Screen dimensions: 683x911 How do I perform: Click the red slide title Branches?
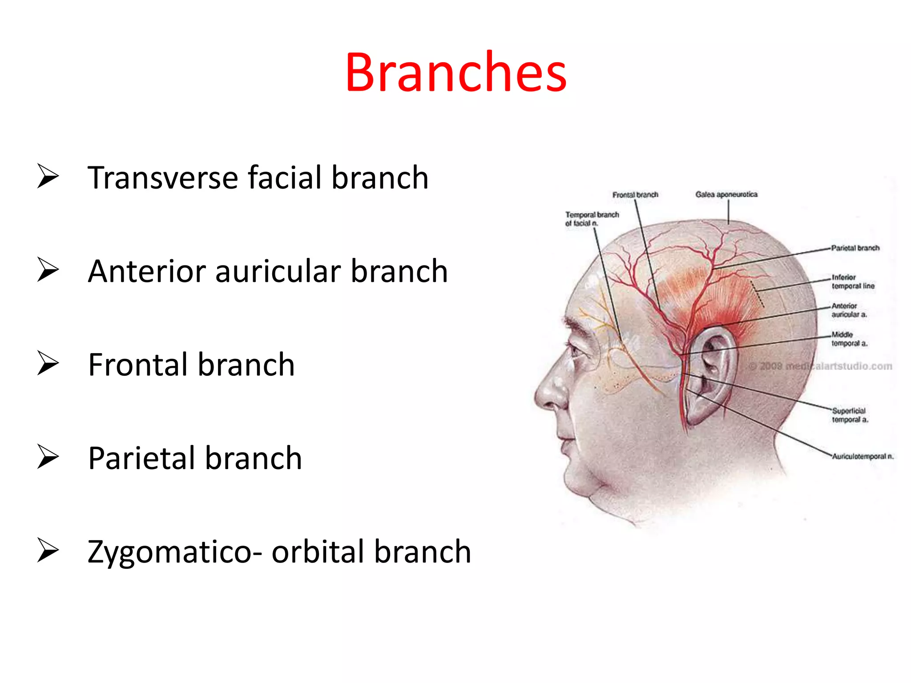(x=455, y=72)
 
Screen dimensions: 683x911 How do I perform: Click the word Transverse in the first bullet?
(x=163, y=178)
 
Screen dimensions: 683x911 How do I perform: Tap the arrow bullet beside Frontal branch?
(x=48, y=363)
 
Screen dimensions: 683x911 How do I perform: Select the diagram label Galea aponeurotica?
(x=726, y=194)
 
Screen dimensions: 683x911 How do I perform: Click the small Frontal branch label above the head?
(x=635, y=195)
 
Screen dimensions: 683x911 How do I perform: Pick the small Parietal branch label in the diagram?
(x=855, y=248)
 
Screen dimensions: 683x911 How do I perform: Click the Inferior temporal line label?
(x=852, y=281)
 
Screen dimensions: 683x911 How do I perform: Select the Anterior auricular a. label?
(x=849, y=310)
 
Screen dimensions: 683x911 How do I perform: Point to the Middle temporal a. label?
(x=849, y=339)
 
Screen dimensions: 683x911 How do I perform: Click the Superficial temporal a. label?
(x=849, y=415)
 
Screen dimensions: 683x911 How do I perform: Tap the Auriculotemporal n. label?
(x=862, y=456)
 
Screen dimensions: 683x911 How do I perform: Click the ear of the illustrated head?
(x=709, y=374)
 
